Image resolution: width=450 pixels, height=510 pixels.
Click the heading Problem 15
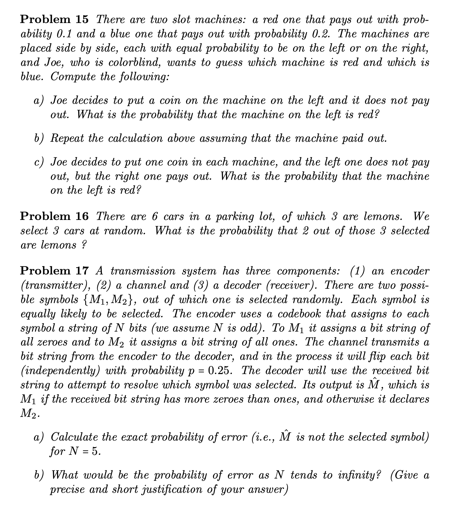click(x=54, y=19)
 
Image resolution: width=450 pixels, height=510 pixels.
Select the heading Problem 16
click(x=54, y=216)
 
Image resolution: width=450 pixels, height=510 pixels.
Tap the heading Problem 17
click(x=54, y=271)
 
